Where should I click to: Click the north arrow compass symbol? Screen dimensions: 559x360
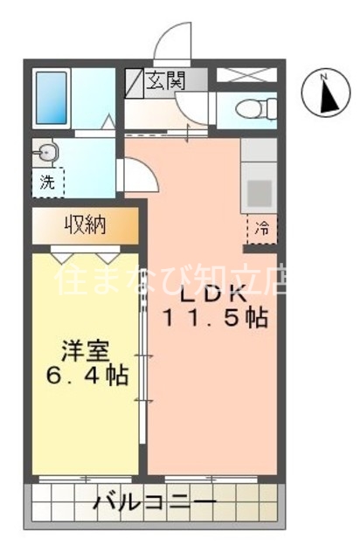325,94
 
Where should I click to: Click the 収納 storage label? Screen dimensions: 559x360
85,225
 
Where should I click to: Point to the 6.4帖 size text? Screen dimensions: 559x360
87,376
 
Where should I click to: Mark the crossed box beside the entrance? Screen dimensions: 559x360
246,76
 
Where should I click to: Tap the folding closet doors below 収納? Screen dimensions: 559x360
86,254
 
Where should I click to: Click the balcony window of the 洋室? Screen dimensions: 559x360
86,479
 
